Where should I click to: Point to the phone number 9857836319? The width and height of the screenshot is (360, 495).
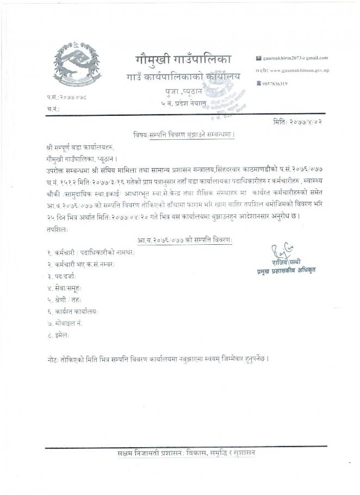coord(274,83)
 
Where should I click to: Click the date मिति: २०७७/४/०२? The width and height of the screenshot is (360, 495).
coord(297,122)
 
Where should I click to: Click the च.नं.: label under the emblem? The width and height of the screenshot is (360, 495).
coord(53,109)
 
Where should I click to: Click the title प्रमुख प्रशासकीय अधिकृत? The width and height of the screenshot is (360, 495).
coord(287,270)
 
